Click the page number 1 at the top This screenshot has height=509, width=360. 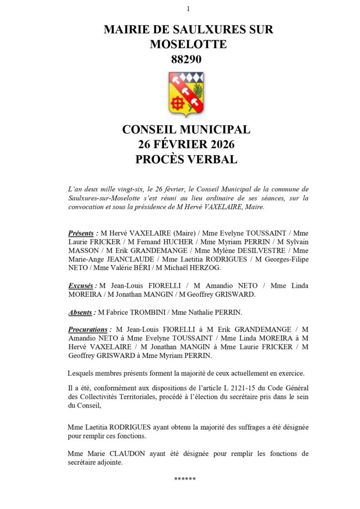coord(188,8)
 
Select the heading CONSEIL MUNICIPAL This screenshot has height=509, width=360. coord(186,130)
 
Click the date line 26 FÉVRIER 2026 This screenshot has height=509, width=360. coord(186,145)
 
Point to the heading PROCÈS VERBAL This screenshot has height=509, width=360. coord(186,160)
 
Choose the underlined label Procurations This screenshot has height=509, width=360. coord(88,329)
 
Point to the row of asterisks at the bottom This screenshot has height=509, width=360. coord(185,479)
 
